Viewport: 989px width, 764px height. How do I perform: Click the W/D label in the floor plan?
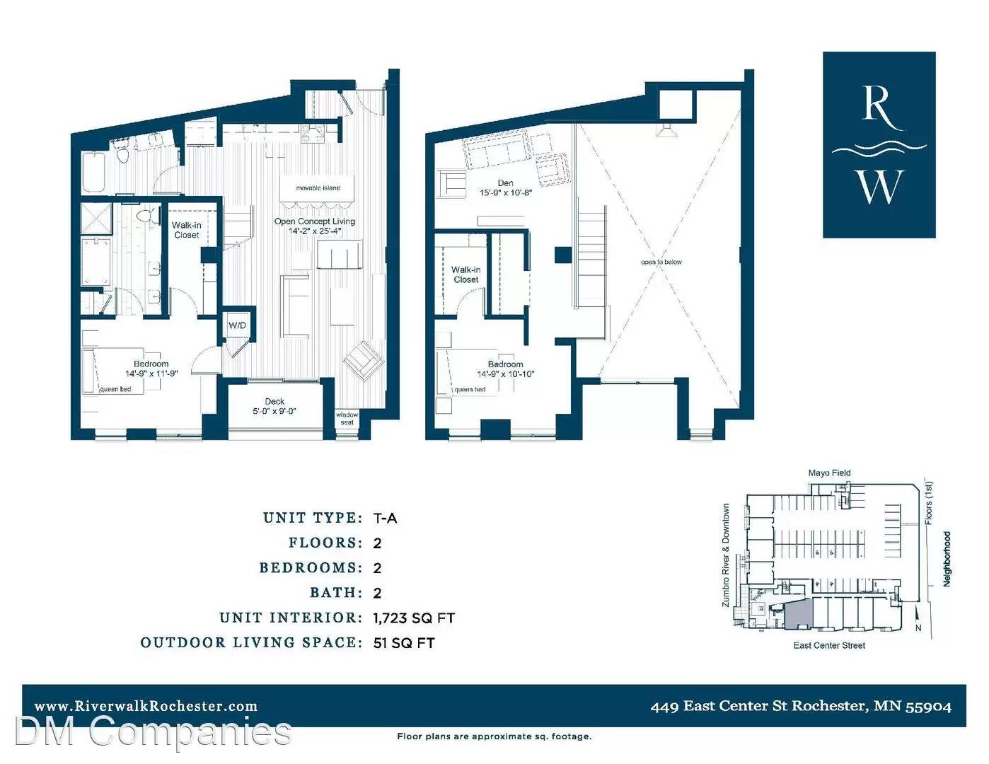tap(237, 325)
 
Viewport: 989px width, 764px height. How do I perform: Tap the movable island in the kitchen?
tap(318, 188)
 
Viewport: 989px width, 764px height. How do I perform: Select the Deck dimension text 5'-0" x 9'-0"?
tap(274, 411)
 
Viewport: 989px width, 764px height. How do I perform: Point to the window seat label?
tap(347, 419)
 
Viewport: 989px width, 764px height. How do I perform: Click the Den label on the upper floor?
tap(506, 183)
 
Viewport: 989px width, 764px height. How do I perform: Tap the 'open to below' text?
tap(661, 262)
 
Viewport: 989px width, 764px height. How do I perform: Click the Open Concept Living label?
tap(315, 221)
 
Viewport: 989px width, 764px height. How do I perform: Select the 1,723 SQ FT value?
tap(414, 618)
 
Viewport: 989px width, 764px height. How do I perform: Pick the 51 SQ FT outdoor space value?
tap(404, 643)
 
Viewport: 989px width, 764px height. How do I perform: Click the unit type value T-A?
tap(385, 519)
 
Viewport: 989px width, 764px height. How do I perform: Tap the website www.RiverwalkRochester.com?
tap(146, 706)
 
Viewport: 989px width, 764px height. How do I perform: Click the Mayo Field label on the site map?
tap(829, 473)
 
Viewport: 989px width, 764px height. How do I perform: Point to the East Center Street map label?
tap(829, 645)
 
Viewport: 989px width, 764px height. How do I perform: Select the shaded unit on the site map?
tap(798, 614)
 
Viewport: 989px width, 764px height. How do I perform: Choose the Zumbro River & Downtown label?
tap(726, 555)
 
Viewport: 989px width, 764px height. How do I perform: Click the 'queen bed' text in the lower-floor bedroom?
tap(115, 389)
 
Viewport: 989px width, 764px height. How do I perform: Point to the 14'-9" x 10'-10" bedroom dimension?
tap(505, 374)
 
